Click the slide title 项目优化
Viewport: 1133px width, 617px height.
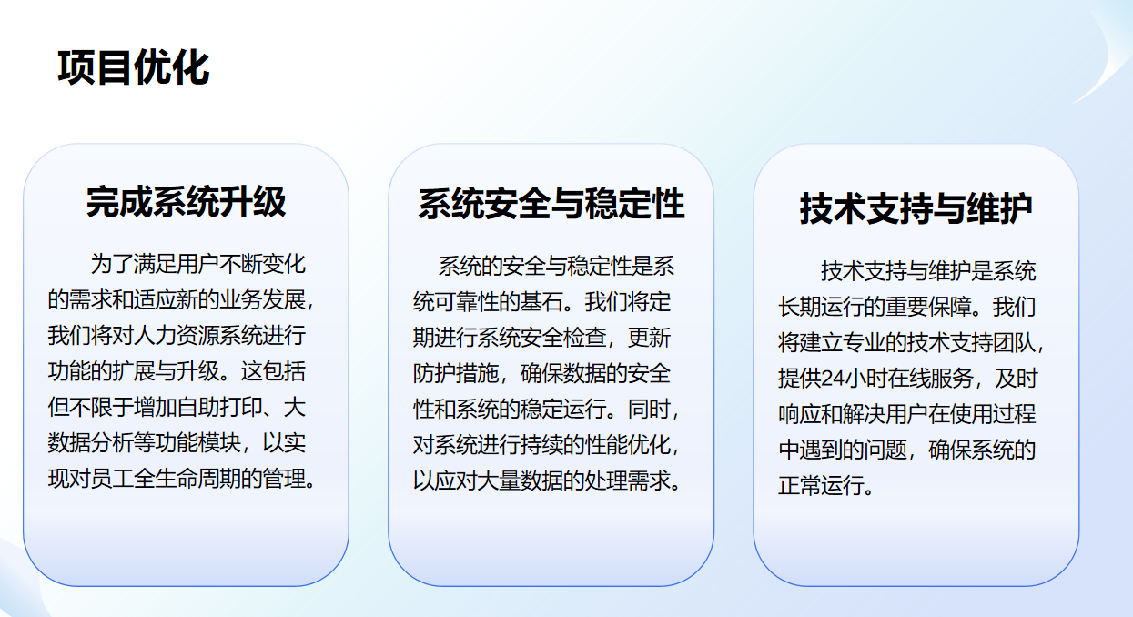(134, 67)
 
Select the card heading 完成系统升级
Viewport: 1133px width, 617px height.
(187, 202)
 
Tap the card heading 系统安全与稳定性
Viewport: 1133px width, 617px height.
(551, 203)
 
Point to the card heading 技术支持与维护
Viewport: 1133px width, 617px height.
(916, 207)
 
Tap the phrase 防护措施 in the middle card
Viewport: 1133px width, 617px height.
(456, 374)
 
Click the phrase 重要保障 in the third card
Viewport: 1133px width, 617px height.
(928, 307)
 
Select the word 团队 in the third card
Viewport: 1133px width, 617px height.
(1014, 342)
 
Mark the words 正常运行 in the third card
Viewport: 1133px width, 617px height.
(821, 486)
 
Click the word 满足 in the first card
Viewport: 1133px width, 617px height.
(155, 264)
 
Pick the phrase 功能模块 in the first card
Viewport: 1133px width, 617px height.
(197, 443)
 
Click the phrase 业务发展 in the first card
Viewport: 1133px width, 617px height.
(262, 300)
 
